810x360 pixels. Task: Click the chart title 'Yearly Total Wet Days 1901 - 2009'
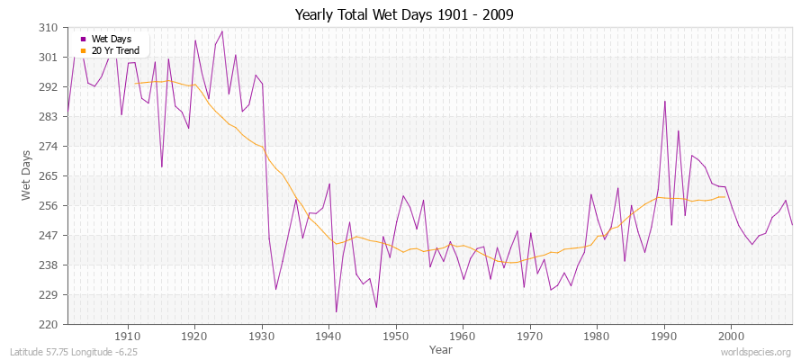pos(404,15)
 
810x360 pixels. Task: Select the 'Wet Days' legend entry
pos(111,39)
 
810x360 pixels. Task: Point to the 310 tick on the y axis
pos(49,28)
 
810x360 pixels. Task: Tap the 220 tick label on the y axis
pos(49,324)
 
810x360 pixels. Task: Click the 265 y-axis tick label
pos(49,176)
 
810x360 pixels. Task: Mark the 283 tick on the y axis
pos(49,117)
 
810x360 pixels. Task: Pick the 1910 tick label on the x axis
pos(128,337)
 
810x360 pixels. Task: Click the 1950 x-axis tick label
pos(395,337)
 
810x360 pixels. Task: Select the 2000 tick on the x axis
pos(731,337)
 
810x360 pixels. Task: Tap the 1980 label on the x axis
pos(597,337)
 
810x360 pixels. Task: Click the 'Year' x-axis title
pos(441,349)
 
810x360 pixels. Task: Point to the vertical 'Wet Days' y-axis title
pos(26,176)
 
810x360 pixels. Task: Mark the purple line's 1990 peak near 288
pos(664,101)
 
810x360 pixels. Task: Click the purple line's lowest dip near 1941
pos(336,311)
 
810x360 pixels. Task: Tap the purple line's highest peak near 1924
pos(221,31)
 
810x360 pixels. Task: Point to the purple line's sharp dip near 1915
pos(161,166)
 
